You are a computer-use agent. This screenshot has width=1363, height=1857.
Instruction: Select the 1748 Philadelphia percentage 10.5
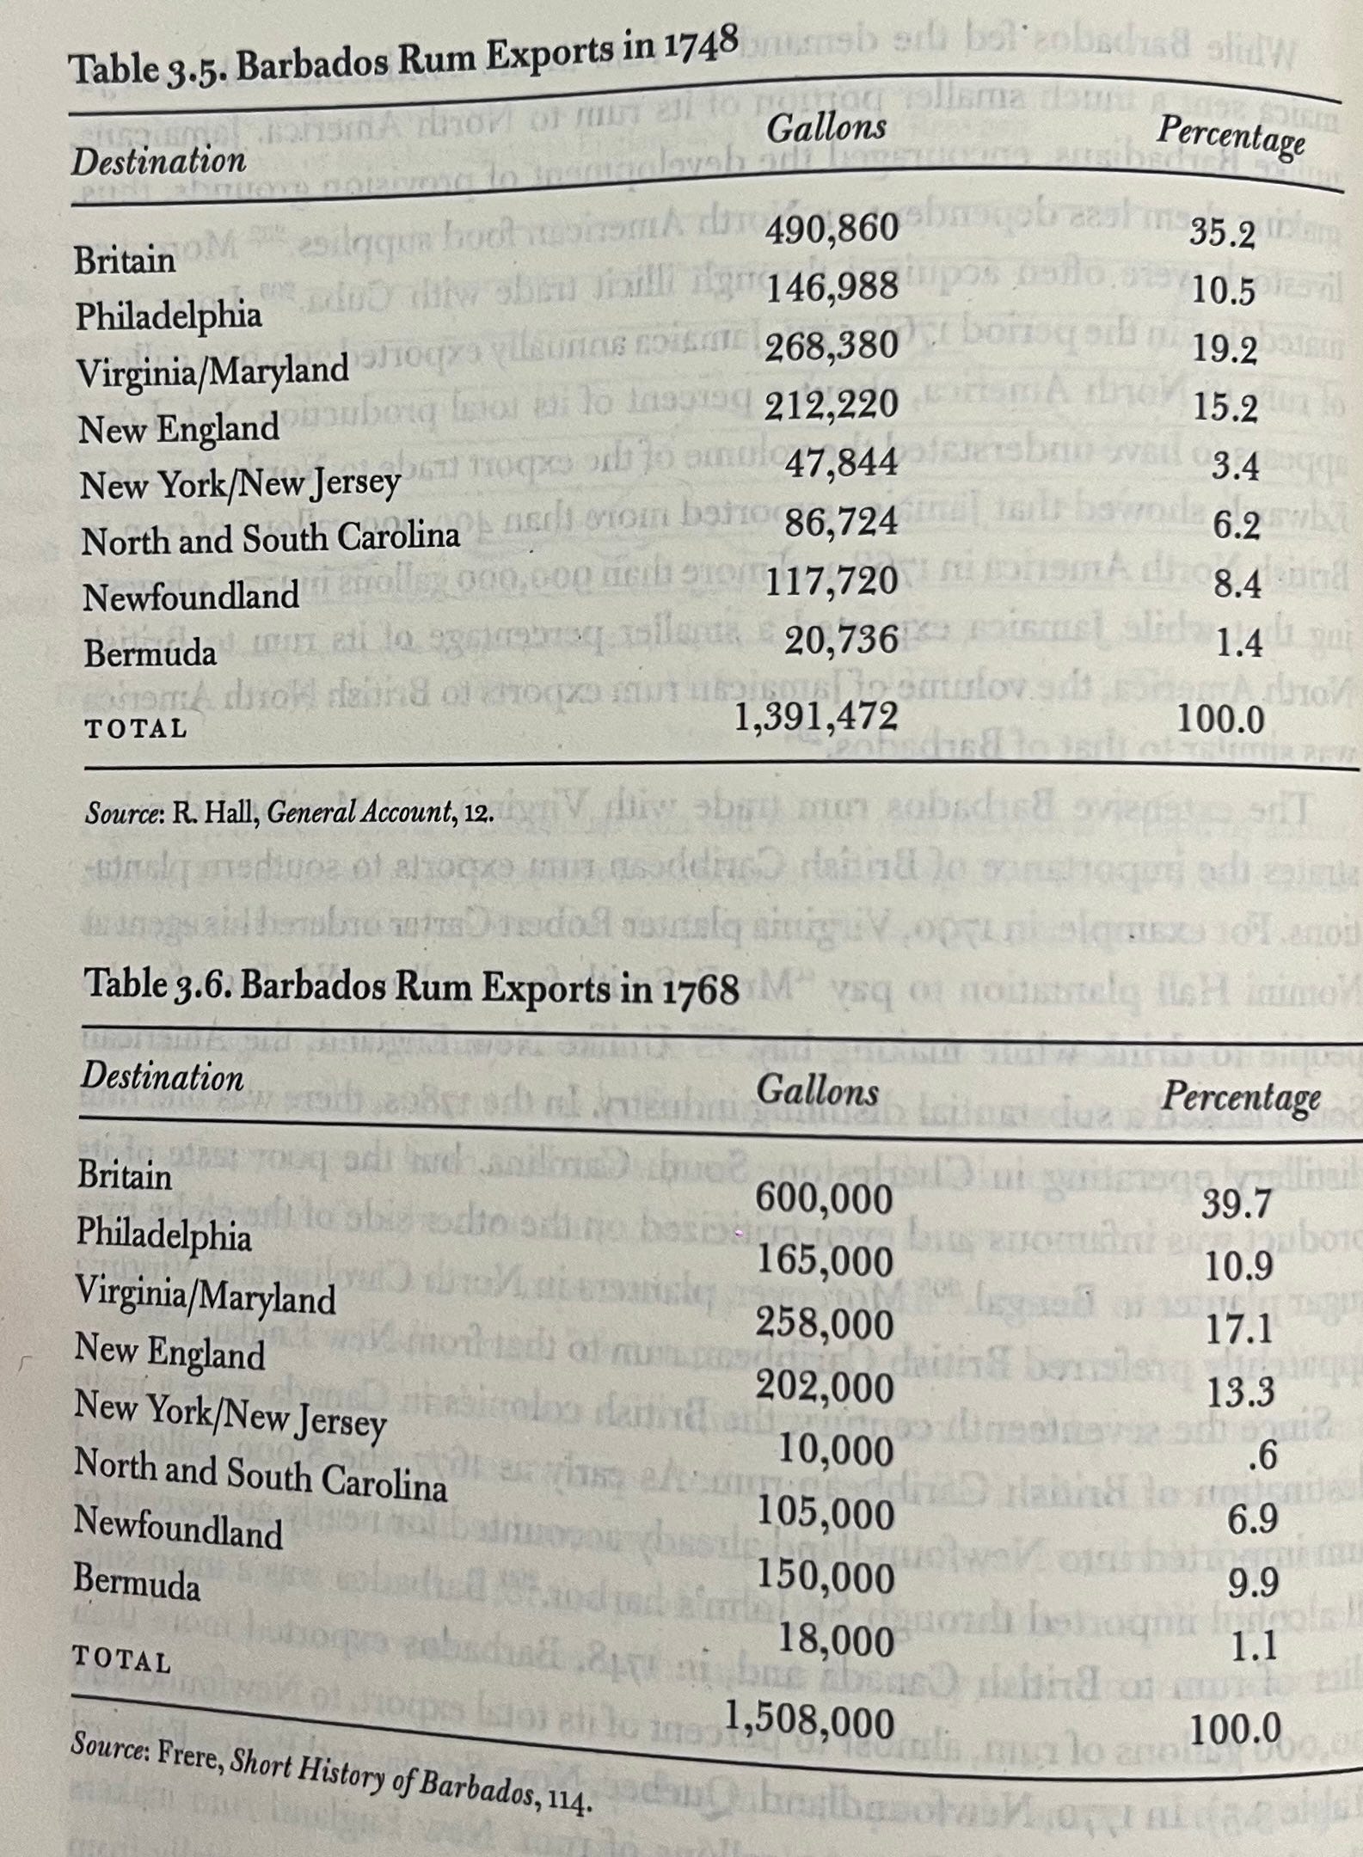(1224, 292)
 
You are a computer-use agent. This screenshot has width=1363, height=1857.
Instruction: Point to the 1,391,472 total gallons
(816, 716)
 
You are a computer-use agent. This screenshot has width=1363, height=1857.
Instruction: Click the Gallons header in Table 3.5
(826, 128)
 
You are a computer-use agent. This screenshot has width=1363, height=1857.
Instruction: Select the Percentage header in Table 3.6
(1241, 1097)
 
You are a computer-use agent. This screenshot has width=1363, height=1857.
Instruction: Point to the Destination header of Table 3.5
(159, 161)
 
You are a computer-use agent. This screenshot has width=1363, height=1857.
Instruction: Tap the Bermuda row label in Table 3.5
(150, 654)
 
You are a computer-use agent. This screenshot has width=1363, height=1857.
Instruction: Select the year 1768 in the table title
(700, 990)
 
